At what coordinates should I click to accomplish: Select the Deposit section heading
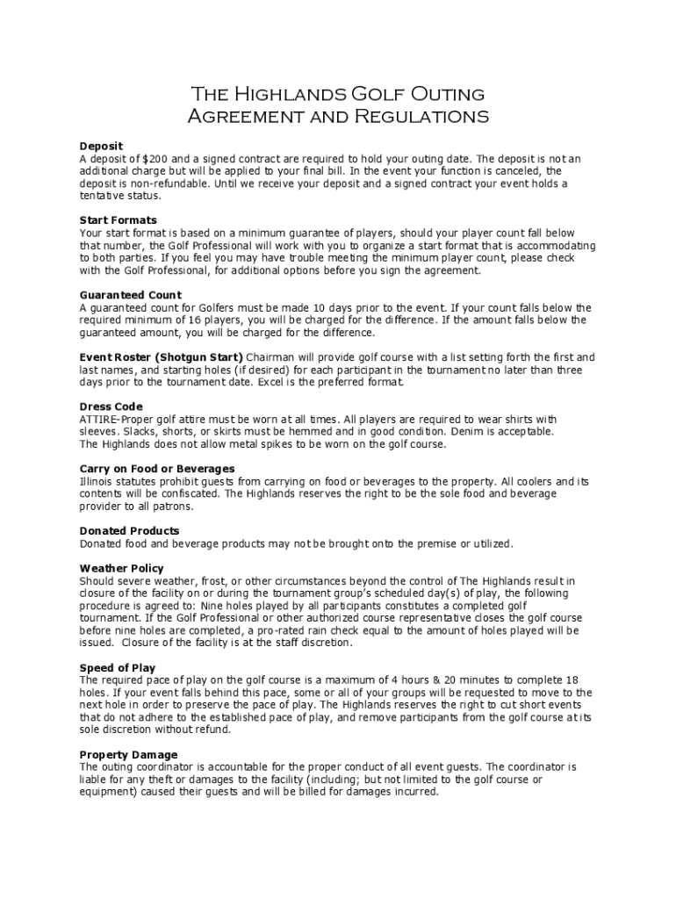(x=101, y=146)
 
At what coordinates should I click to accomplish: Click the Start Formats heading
(x=118, y=220)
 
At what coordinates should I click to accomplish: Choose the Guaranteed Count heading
(x=130, y=295)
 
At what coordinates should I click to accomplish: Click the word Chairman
(x=272, y=357)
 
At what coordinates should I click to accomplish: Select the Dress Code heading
(x=111, y=407)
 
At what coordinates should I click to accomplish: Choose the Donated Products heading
(x=129, y=531)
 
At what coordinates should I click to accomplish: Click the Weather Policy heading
(x=121, y=569)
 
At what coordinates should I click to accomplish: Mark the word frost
(x=208, y=581)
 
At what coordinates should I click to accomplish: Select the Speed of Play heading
(x=118, y=668)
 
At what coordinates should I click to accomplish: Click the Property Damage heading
(x=128, y=755)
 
